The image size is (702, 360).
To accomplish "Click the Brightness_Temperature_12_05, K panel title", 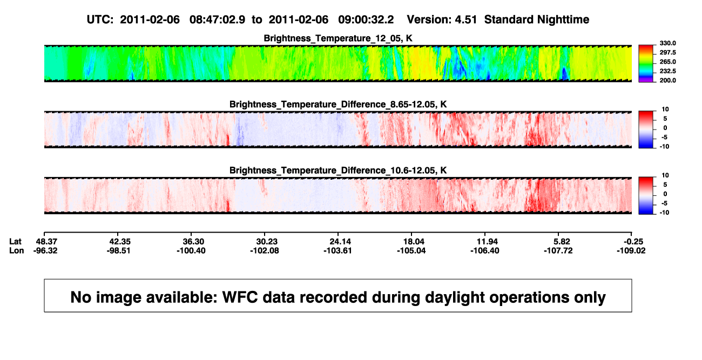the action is pyautogui.click(x=338, y=38).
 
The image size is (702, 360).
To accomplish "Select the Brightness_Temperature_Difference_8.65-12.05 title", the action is pyautogui.click(x=338, y=104).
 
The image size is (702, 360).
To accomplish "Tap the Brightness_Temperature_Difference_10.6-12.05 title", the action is pyautogui.click(x=338, y=171).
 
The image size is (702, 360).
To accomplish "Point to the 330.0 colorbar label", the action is pyautogui.click(x=667, y=43).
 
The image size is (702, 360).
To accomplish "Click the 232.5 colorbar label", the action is pyautogui.click(x=667, y=71).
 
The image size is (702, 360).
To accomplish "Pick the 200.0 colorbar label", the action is pyautogui.click(x=667, y=80).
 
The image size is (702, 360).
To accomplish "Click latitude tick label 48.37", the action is pyautogui.click(x=46, y=242).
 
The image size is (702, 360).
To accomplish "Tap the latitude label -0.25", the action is pyautogui.click(x=633, y=242).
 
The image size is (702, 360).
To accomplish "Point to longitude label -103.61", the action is pyautogui.click(x=337, y=250).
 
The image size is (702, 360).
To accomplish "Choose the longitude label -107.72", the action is pyautogui.click(x=558, y=250).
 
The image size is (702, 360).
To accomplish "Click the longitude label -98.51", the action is pyautogui.click(x=118, y=250).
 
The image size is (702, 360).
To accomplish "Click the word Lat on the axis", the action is pyautogui.click(x=15, y=242).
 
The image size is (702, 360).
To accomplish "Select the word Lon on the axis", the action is pyautogui.click(x=16, y=250).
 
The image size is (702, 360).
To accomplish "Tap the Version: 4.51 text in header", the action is pyautogui.click(x=442, y=19).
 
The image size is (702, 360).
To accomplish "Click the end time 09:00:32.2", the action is pyautogui.click(x=366, y=19).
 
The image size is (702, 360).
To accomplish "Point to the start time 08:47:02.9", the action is pyautogui.click(x=217, y=19).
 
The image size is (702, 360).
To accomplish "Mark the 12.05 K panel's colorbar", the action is pyautogui.click(x=646, y=64).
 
